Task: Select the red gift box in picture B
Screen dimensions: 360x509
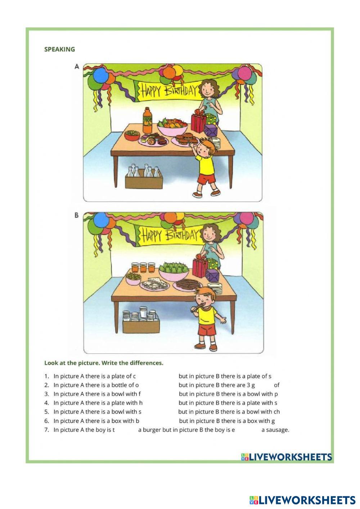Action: point(200,266)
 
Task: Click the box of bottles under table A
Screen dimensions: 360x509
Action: point(144,176)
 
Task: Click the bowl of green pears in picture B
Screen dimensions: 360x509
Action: point(174,271)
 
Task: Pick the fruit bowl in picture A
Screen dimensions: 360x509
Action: point(172,127)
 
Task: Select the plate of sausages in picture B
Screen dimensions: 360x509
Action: point(188,285)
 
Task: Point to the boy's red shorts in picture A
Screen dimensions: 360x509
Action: point(206,178)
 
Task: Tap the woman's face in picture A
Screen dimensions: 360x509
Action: point(207,89)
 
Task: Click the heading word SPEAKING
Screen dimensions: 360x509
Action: point(59,49)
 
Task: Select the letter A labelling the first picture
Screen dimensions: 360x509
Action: point(77,67)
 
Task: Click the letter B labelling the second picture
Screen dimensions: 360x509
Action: point(77,215)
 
